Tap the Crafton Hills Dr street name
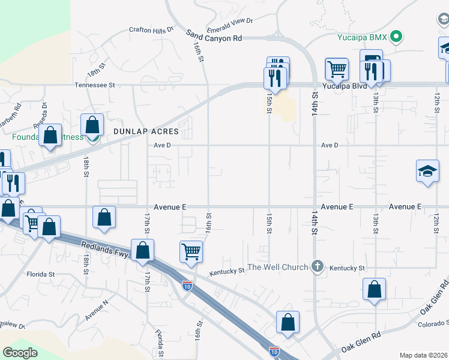click(151, 29)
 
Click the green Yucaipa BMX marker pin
click(396, 37)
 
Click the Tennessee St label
click(94, 85)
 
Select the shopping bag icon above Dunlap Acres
click(92, 125)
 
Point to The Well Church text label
click(278, 267)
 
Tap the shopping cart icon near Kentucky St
click(191, 251)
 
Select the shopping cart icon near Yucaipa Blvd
click(337, 68)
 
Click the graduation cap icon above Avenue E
click(427, 170)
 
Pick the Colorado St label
click(433, 325)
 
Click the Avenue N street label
click(97, 308)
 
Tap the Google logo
click(20, 353)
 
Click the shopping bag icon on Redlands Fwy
click(142, 250)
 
